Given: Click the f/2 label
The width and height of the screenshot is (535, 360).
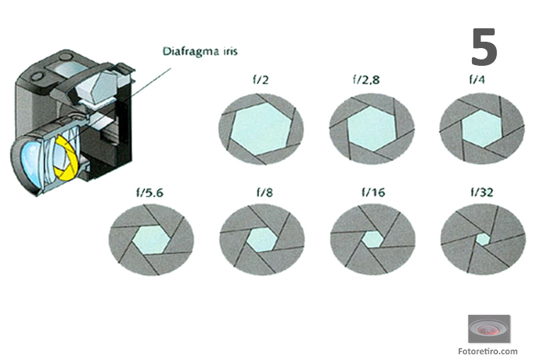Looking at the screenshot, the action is click(x=260, y=80).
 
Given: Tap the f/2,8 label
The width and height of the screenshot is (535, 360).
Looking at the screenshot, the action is click(x=366, y=80).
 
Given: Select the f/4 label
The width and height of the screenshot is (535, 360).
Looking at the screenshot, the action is click(x=477, y=80).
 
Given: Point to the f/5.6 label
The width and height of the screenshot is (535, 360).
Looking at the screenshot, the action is click(x=150, y=193).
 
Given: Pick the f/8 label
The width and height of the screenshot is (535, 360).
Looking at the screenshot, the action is click(x=265, y=192).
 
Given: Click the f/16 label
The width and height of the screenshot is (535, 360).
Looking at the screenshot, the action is click(x=373, y=192).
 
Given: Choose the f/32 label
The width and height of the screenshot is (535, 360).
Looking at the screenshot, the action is click(x=482, y=192).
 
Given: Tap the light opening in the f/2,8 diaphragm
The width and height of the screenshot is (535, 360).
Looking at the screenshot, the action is click(x=372, y=129).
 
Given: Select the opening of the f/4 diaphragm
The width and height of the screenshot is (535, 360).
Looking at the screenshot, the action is click(x=481, y=129).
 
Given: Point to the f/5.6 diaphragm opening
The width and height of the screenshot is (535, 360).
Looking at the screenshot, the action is click(x=151, y=240).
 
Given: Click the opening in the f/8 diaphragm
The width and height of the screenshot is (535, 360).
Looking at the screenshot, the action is click(x=261, y=240).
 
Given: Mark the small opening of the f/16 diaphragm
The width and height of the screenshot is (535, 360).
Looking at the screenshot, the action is click(x=372, y=239).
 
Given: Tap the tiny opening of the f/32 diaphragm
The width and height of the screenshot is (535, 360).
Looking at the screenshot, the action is click(x=483, y=239).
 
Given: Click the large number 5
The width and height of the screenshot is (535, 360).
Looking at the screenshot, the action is click(x=484, y=47).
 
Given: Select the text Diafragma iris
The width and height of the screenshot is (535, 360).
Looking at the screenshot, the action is click(x=200, y=52).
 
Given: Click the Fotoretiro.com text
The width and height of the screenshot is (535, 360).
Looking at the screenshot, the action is click(x=488, y=351).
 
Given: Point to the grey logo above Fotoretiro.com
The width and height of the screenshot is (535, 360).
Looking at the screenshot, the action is click(x=489, y=329).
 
